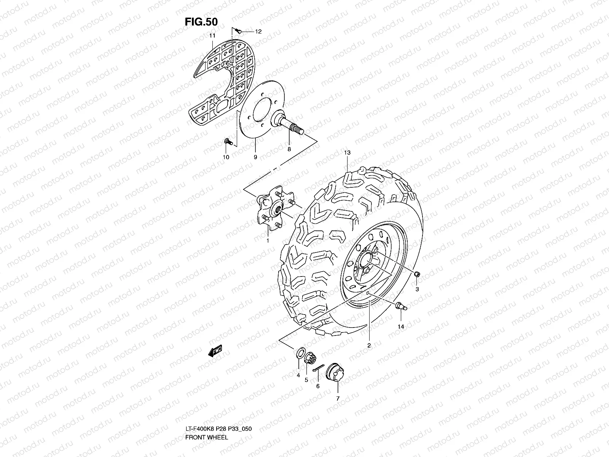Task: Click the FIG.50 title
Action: [201, 22]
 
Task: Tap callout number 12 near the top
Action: [258, 32]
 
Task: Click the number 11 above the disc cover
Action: [212, 35]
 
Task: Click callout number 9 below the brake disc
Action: [255, 157]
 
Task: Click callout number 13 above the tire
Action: [347, 153]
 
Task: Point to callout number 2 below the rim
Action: [369, 346]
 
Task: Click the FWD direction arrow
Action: [215, 352]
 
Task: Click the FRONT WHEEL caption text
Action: [206, 416]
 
